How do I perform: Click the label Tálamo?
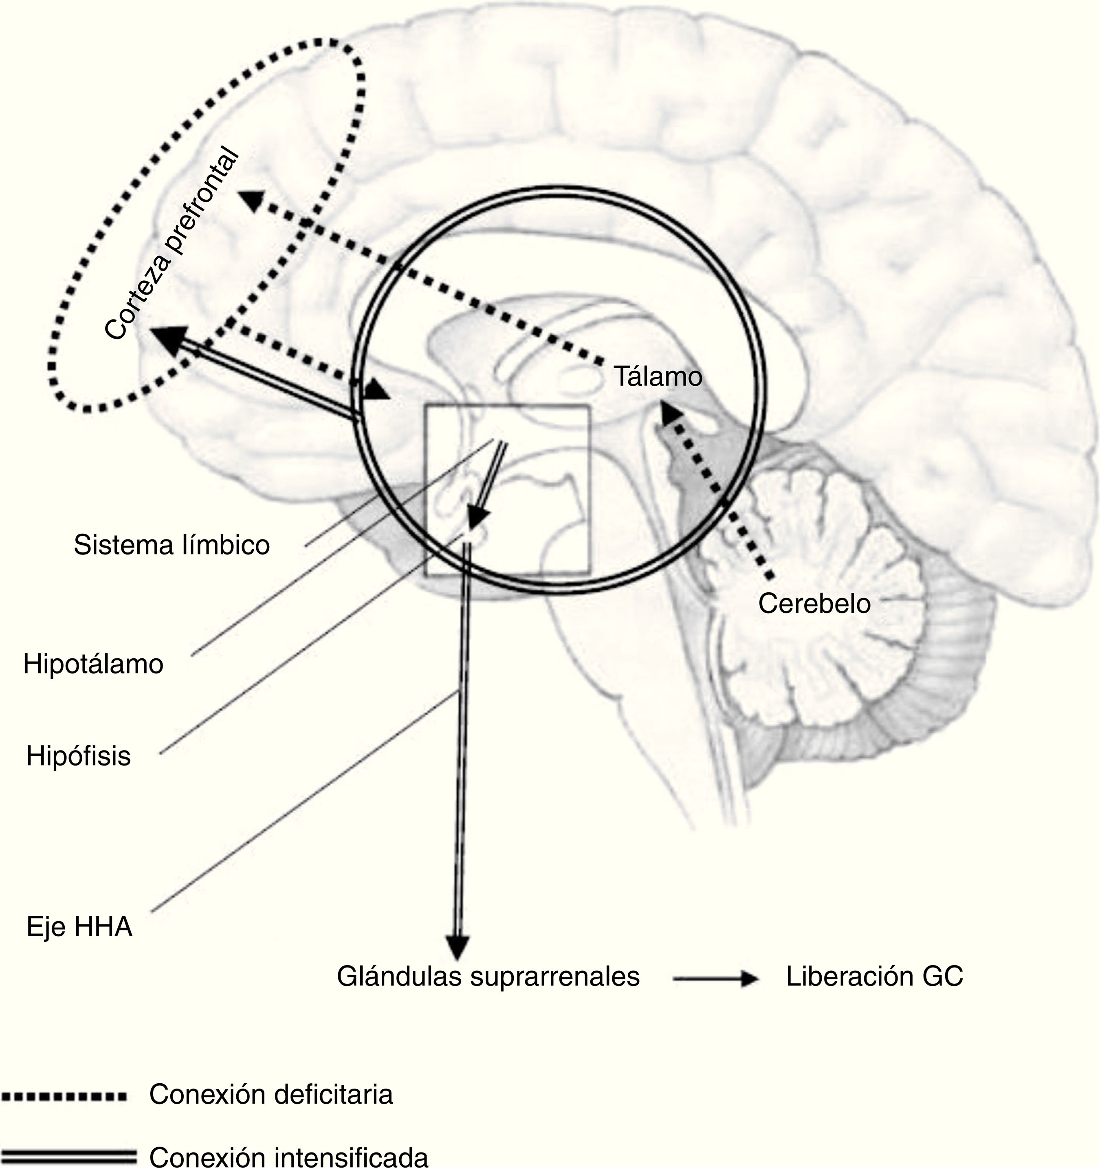[x=658, y=376]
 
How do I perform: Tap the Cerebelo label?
[x=814, y=603]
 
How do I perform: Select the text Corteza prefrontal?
[x=172, y=244]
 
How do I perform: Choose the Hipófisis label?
[x=79, y=757]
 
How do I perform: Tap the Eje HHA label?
[x=79, y=927]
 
